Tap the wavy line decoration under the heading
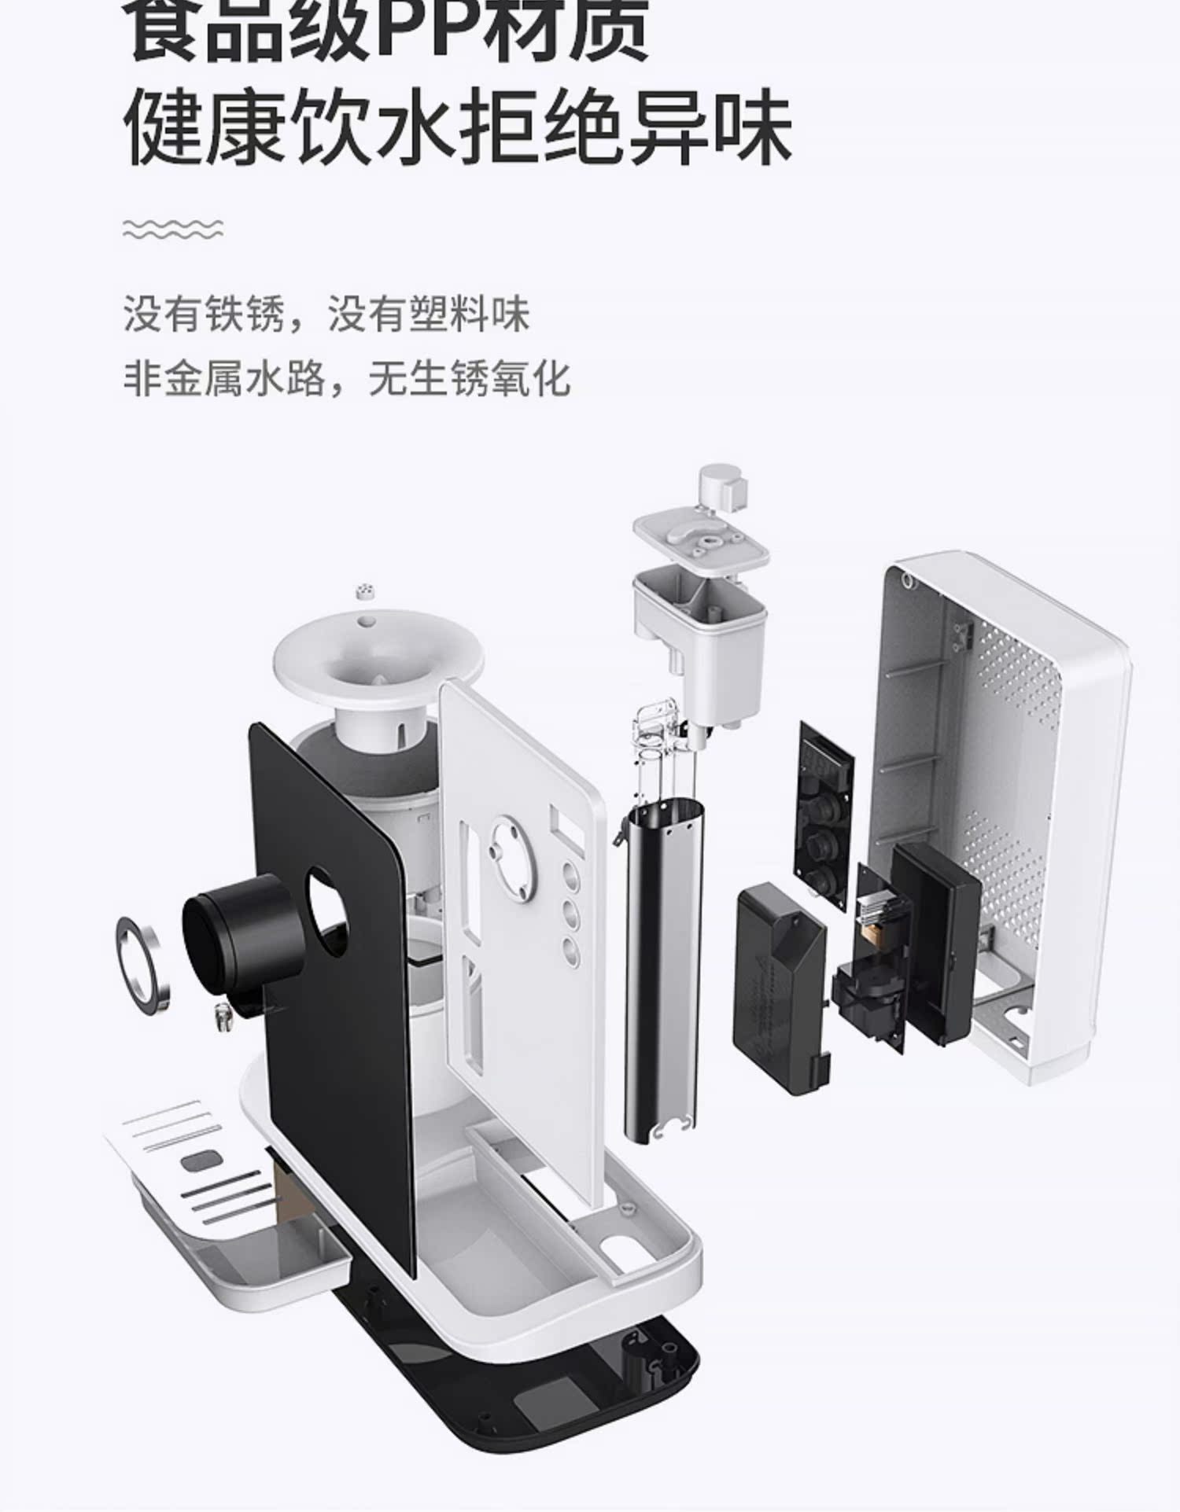(173, 229)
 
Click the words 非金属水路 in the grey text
(225, 378)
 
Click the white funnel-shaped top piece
(378, 664)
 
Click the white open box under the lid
(699, 629)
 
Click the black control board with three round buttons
(826, 818)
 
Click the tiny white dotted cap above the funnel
(365, 591)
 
